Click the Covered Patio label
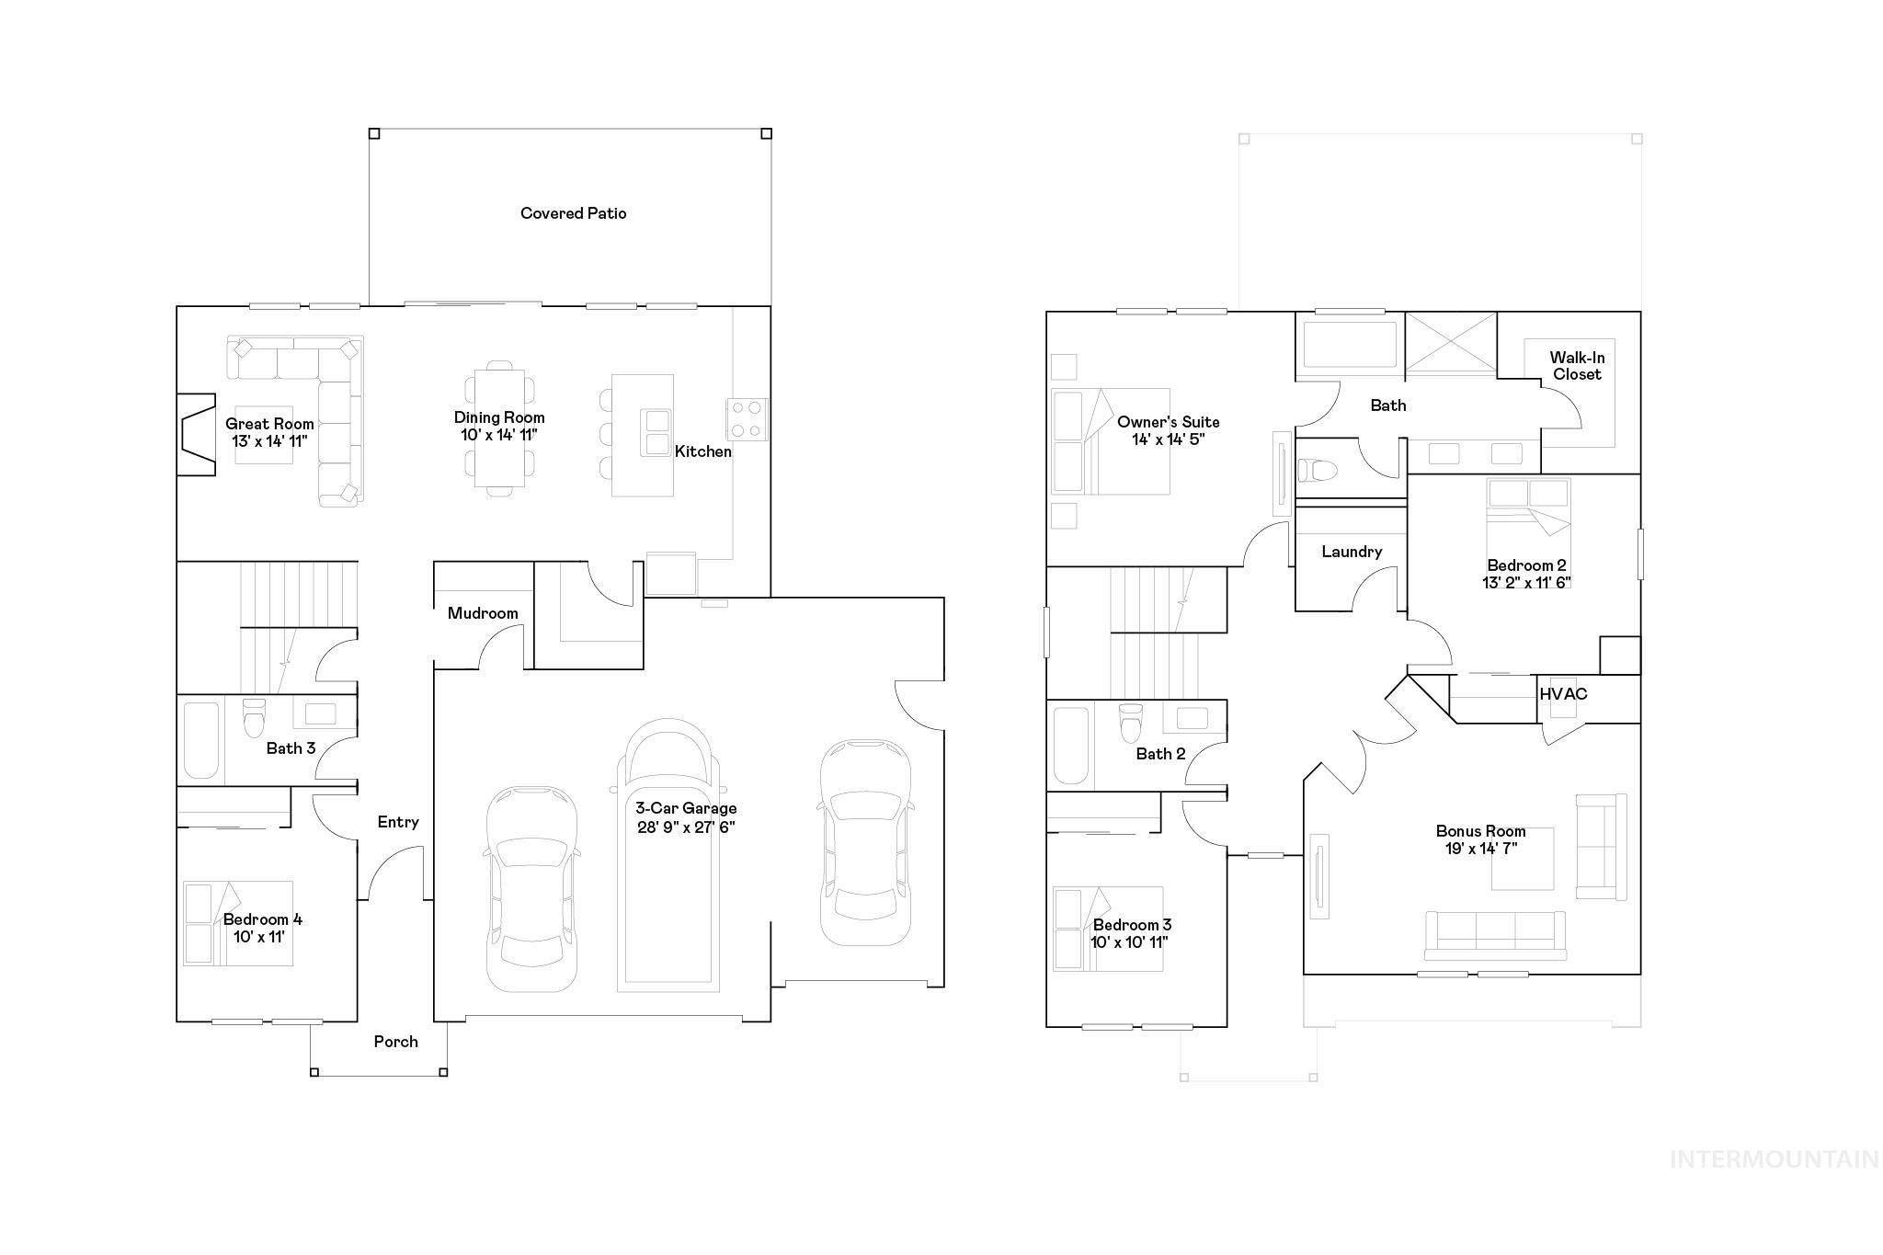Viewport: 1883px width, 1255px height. click(x=573, y=213)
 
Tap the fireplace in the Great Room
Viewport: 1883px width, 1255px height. click(x=195, y=435)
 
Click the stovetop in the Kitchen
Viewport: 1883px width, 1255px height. click(x=747, y=418)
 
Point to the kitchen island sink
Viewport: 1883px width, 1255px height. click(x=656, y=432)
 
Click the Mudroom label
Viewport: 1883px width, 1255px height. click(x=483, y=613)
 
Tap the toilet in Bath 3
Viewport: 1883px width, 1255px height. click(x=254, y=718)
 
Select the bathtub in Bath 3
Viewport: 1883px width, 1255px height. click(x=201, y=740)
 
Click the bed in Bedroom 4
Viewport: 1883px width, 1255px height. click(x=237, y=923)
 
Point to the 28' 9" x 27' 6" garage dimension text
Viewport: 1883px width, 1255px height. click(x=686, y=827)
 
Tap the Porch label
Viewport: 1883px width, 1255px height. click(x=395, y=1042)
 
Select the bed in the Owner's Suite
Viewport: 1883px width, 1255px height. click(x=1111, y=441)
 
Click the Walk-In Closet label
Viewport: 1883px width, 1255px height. click(x=1576, y=366)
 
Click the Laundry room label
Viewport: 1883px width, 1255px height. click(x=1352, y=552)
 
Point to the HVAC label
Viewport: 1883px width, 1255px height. click(x=1563, y=694)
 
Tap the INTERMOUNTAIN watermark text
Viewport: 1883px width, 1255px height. click(x=1774, y=1159)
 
